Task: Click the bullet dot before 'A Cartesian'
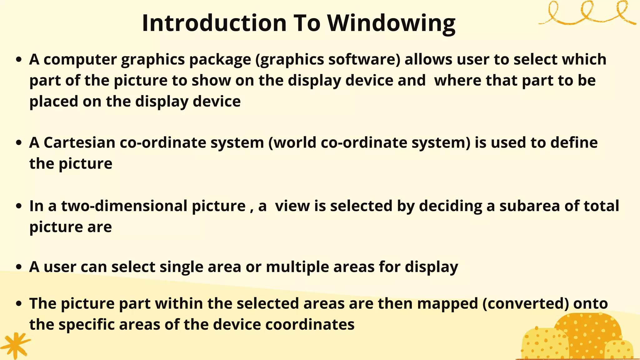click(19, 143)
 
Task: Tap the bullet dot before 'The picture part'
click(19, 303)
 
